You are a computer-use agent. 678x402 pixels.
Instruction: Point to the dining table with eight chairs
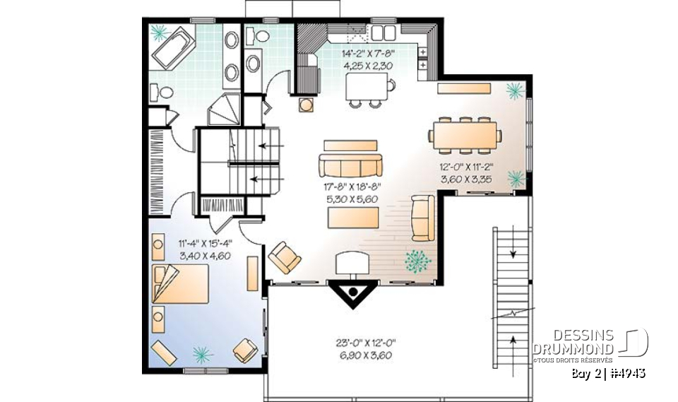466,134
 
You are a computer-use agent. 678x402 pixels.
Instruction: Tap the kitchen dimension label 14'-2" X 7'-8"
368,53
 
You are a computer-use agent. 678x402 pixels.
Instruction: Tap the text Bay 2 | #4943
608,372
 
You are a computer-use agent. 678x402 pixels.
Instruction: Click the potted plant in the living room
419,261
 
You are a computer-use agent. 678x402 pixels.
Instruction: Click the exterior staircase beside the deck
510,290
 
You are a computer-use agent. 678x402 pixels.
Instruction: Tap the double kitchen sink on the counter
383,32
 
